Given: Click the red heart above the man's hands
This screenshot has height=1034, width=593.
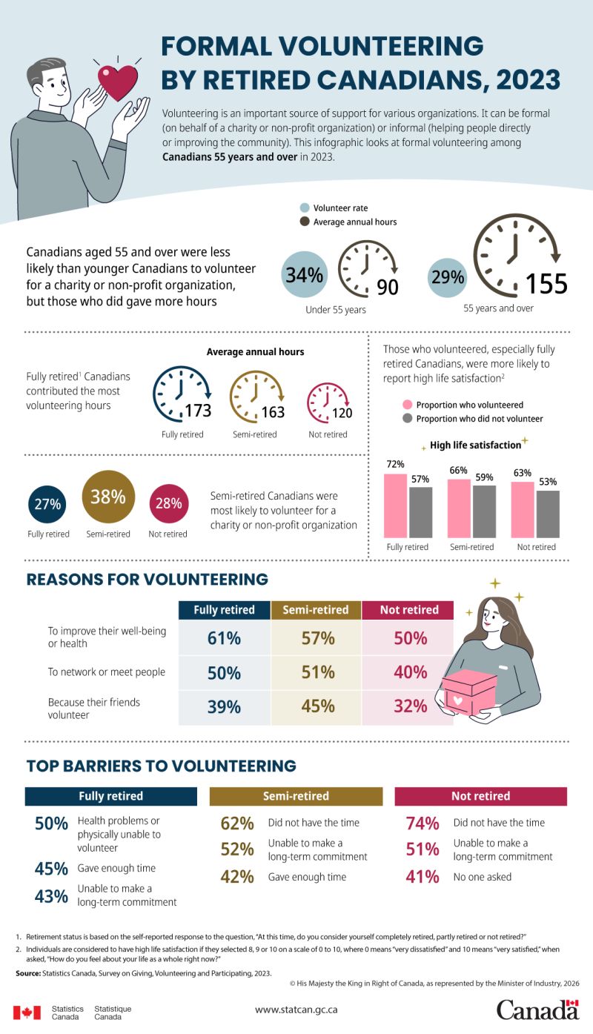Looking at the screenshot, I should [118, 82].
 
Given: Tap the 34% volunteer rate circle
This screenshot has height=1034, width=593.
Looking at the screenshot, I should [305, 275].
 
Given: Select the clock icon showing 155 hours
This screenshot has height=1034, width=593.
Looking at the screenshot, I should [511, 253].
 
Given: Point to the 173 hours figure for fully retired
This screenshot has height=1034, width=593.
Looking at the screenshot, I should [199, 412].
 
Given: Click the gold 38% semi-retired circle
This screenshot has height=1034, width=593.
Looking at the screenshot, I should [108, 497].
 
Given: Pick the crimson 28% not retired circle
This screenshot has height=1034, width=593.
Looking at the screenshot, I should [168, 504].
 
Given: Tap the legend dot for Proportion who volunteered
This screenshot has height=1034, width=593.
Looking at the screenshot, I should [407, 405].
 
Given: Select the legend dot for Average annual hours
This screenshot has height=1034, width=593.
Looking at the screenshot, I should [304, 222].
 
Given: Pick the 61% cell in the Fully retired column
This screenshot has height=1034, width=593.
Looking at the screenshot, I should [224, 638].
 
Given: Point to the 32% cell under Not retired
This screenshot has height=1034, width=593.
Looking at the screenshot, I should [409, 707].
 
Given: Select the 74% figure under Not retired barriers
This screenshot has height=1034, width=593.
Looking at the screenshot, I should [423, 823].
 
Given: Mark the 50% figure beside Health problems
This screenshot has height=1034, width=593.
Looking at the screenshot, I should [52, 823].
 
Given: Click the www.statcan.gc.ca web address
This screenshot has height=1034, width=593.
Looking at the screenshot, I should [296, 1010].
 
